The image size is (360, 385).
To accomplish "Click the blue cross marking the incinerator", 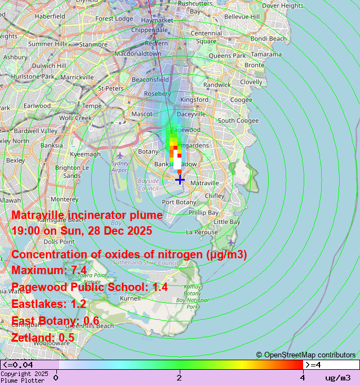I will pos(180,180).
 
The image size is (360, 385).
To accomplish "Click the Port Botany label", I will pos(179,202).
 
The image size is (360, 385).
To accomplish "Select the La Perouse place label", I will pos(201,232).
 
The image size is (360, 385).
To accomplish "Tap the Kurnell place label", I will pos(130,298).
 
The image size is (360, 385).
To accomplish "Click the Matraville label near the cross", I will pos(205,183).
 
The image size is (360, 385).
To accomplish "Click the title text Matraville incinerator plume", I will pos(87,215).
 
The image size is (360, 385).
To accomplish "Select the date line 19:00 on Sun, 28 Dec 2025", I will pos(82,231).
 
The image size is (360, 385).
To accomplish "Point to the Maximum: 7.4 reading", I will pos(49,270).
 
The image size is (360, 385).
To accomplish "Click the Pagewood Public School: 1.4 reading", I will pos(90,287).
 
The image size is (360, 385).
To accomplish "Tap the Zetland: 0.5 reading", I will pos(43,337).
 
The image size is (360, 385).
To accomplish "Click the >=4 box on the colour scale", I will pos(331,365).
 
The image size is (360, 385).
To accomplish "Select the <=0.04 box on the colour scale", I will pos(29,365).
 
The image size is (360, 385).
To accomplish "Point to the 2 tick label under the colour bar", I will pos(179,377).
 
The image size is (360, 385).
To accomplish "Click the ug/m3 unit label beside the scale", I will pos(338,377).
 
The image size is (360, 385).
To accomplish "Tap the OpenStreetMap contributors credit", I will pos(306,355).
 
